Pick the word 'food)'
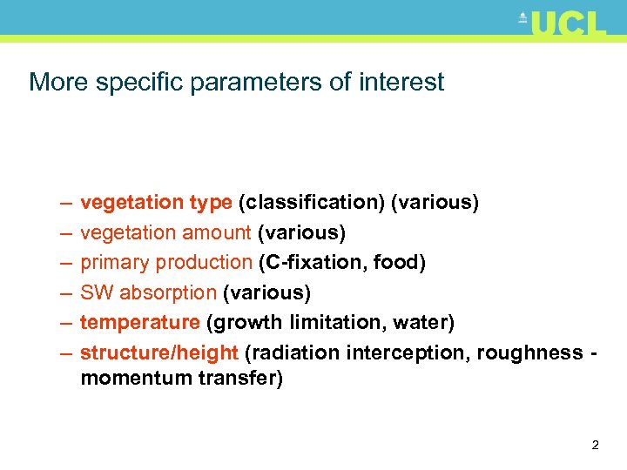click(399, 263)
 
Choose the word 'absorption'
click(168, 292)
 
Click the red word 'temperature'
click(140, 323)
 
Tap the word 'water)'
click(424, 323)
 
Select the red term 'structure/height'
click(159, 352)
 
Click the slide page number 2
click(595, 446)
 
